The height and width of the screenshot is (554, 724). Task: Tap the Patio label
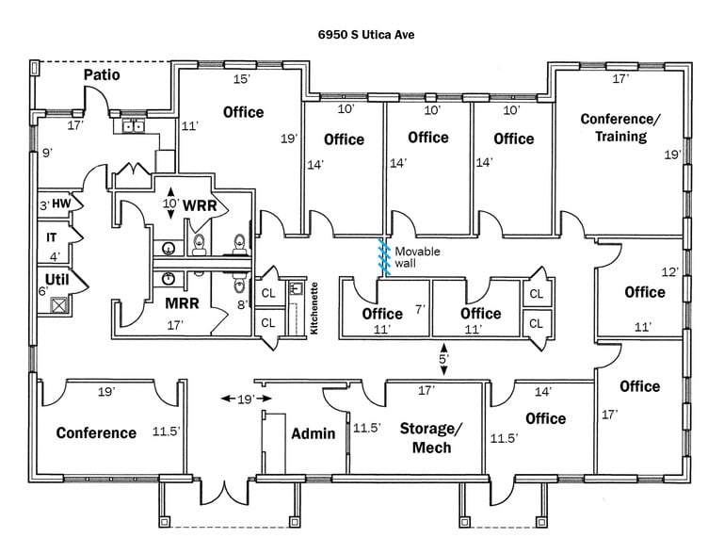pyautogui.click(x=102, y=74)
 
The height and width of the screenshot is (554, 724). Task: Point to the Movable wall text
pyautogui.click(x=417, y=257)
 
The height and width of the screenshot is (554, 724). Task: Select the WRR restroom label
pyautogui.click(x=201, y=205)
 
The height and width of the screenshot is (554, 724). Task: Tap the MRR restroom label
pyautogui.click(x=182, y=303)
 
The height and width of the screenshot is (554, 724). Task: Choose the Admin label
pyautogui.click(x=313, y=433)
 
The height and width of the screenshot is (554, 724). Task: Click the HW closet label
pyautogui.click(x=61, y=204)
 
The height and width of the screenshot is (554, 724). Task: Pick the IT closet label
pyautogui.click(x=52, y=238)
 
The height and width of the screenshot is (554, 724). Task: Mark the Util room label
pyautogui.click(x=57, y=279)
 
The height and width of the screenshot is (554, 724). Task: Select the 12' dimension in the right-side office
pyautogui.click(x=669, y=271)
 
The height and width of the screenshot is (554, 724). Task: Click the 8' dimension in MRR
pyautogui.click(x=241, y=304)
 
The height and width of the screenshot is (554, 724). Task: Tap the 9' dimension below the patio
pyautogui.click(x=47, y=153)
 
